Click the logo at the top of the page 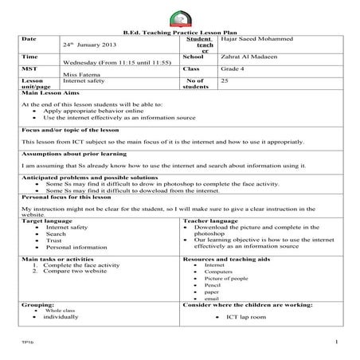(180, 18)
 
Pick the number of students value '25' (225, 81)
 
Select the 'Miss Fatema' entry (79, 76)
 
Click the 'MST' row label (29, 69)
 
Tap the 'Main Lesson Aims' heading (49, 93)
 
